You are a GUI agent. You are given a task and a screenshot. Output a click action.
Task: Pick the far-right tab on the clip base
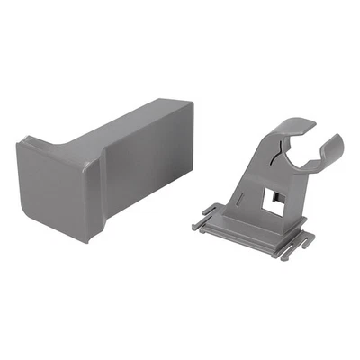pyautogui.click(x=311, y=240)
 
